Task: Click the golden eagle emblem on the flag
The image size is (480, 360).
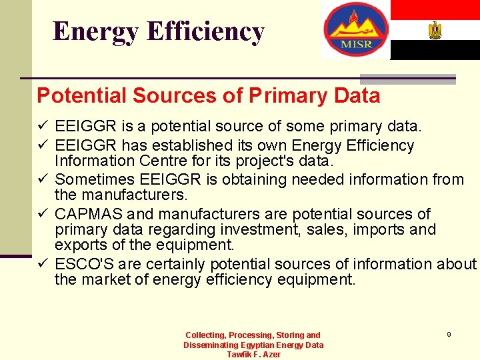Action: point(435,30)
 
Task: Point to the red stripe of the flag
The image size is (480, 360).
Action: point(435,9)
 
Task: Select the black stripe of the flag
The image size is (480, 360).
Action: point(435,50)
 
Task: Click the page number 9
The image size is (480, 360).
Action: point(449,334)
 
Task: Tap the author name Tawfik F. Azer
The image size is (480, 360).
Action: point(253,355)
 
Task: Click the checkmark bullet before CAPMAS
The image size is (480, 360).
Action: point(43,215)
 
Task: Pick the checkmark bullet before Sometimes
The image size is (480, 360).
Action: point(43,180)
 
